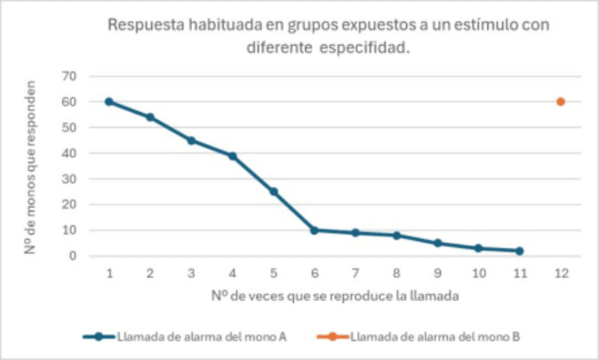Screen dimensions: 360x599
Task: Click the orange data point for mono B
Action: [x=560, y=102]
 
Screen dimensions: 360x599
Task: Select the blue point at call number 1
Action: [x=109, y=102]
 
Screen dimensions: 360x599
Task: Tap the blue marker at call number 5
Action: [x=273, y=191]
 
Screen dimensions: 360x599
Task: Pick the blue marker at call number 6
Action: [x=314, y=230]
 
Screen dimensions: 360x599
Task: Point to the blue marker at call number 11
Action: [x=519, y=251]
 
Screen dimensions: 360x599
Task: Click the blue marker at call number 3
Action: [x=191, y=140]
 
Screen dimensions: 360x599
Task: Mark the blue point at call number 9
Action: [x=437, y=243]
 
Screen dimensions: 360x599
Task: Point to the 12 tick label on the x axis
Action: [x=560, y=273]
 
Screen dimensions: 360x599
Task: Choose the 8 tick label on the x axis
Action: [x=396, y=273]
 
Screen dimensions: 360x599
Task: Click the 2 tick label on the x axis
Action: [x=150, y=273]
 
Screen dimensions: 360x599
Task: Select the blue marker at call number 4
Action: [x=232, y=156]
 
